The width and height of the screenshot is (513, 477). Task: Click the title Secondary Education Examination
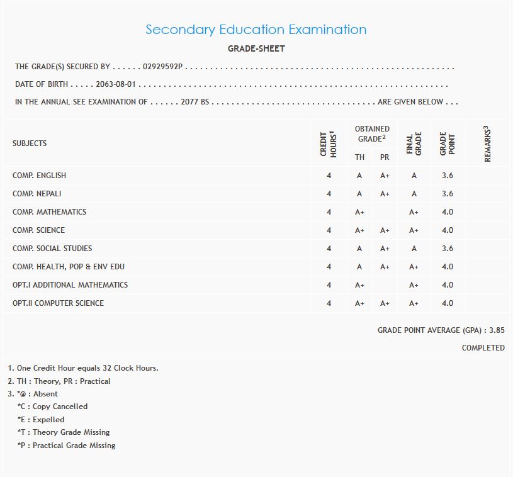(256, 30)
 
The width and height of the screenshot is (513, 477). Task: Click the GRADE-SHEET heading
(256, 48)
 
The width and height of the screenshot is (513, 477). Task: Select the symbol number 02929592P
(162, 67)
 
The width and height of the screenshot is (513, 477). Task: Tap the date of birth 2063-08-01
(116, 84)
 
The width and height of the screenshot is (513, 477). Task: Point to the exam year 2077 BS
(194, 102)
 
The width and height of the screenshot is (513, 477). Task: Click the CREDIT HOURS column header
(329, 143)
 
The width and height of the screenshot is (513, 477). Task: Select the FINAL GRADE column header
(414, 143)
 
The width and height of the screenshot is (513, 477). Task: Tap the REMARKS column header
(487, 143)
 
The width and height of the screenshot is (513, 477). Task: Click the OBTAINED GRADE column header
(372, 133)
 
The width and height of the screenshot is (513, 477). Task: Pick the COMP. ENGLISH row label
(39, 176)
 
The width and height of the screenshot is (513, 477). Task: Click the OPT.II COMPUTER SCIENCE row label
(58, 303)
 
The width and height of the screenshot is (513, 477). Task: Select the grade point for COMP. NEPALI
(447, 194)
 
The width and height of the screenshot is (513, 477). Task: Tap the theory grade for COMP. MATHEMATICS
(359, 212)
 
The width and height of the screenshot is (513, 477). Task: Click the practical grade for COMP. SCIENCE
(385, 230)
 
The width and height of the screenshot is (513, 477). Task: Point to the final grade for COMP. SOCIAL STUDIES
(414, 249)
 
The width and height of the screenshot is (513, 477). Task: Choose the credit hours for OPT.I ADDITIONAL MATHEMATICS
(329, 285)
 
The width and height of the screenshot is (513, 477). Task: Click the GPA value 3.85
(497, 330)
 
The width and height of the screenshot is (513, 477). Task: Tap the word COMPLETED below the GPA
(483, 348)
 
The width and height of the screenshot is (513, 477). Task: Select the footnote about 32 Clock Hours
(83, 368)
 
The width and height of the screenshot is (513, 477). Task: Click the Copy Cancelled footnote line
(53, 407)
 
